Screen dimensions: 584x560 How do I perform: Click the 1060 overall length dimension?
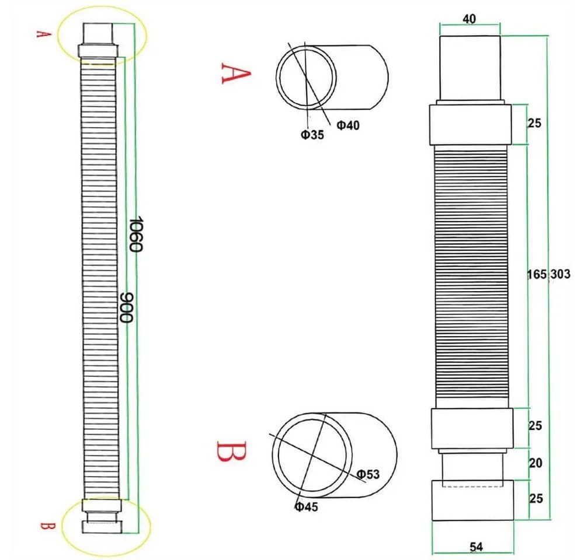[x=135, y=234]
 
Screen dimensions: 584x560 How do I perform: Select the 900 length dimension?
[x=127, y=307]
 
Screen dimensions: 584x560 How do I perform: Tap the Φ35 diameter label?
[x=312, y=134]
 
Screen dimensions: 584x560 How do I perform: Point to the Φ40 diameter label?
[x=348, y=125]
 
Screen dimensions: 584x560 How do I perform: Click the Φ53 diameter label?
[x=368, y=474]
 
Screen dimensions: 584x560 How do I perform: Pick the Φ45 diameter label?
[x=307, y=506]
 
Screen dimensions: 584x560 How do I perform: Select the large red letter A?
[x=236, y=73]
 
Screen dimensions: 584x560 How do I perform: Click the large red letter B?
[x=231, y=452]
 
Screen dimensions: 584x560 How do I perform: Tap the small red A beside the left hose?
[x=43, y=34]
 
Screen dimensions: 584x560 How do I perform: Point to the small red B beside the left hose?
[x=48, y=526]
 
